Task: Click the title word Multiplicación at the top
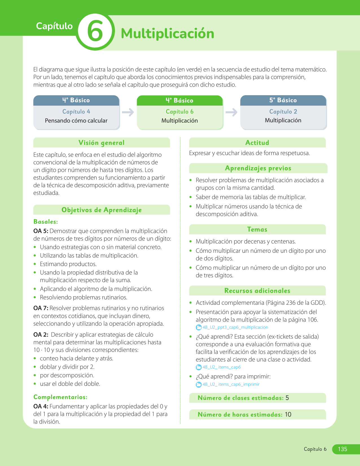(167, 33)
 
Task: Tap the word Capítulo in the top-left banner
(54, 26)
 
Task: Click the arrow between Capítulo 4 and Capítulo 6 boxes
(128, 112)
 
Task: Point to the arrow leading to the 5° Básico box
(232, 112)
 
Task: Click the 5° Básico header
(283, 100)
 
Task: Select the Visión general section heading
(101, 143)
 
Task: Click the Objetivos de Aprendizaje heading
(101, 210)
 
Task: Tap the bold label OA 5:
(41, 231)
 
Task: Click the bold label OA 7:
(41, 308)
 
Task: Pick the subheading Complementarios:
(60, 397)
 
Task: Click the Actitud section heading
(257, 143)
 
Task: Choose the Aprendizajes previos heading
(258, 168)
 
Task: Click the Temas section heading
(257, 229)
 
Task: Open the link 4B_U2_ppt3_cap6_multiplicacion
(235, 327)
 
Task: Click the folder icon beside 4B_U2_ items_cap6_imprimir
(199, 384)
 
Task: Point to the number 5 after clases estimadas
(287, 398)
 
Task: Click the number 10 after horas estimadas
(288, 415)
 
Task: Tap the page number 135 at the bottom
(342, 449)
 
